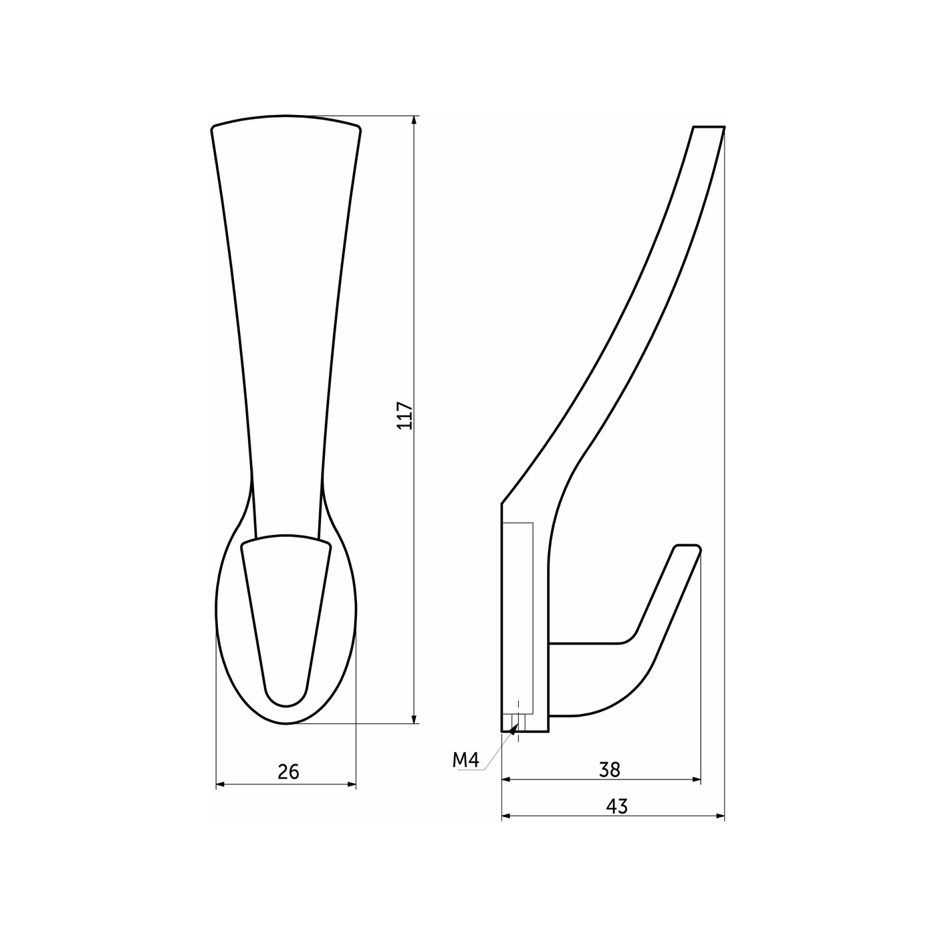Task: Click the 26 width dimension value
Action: coord(289,772)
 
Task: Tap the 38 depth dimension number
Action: coord(610,770)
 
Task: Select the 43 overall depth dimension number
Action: coord(617,806)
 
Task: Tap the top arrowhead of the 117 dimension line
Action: coord(414,121)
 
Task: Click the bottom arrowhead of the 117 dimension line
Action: coord(414,731)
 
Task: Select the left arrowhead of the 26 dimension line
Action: coord(221,784)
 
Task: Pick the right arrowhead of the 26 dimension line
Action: coord(350,784)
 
